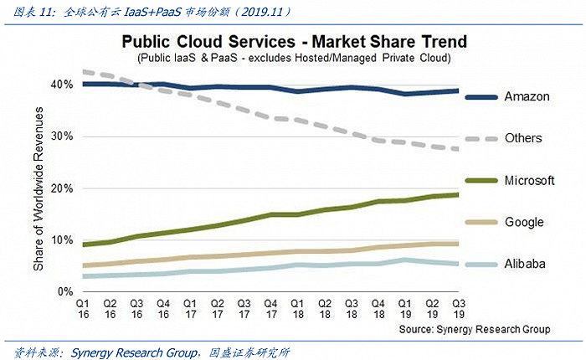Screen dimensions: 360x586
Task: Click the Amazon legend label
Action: [x=527, y=96]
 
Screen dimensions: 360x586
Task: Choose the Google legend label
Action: [x=524, y=222]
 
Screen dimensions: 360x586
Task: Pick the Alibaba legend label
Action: [x=525, y=264]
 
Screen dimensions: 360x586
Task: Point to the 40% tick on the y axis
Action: [x=63, y=85]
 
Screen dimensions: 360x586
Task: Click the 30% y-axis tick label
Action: [x=63, y=136]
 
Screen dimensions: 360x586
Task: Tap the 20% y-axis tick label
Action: [x=63, y=188]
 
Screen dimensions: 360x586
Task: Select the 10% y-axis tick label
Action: [x=63, y=240]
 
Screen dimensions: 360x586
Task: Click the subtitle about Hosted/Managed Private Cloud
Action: [x=293, y=59]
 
